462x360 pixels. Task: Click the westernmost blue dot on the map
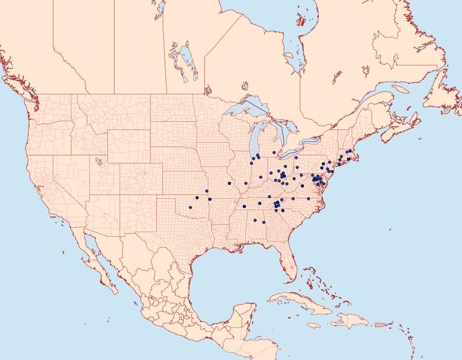tap(190, 207)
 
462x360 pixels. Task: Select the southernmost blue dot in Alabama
tap(264, 222)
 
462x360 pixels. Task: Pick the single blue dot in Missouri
tap(229, 183)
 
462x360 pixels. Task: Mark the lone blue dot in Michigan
tap(275, 152)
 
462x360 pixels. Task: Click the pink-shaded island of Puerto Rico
tap(380, 324)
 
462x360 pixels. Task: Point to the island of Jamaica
tap(314, 325)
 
